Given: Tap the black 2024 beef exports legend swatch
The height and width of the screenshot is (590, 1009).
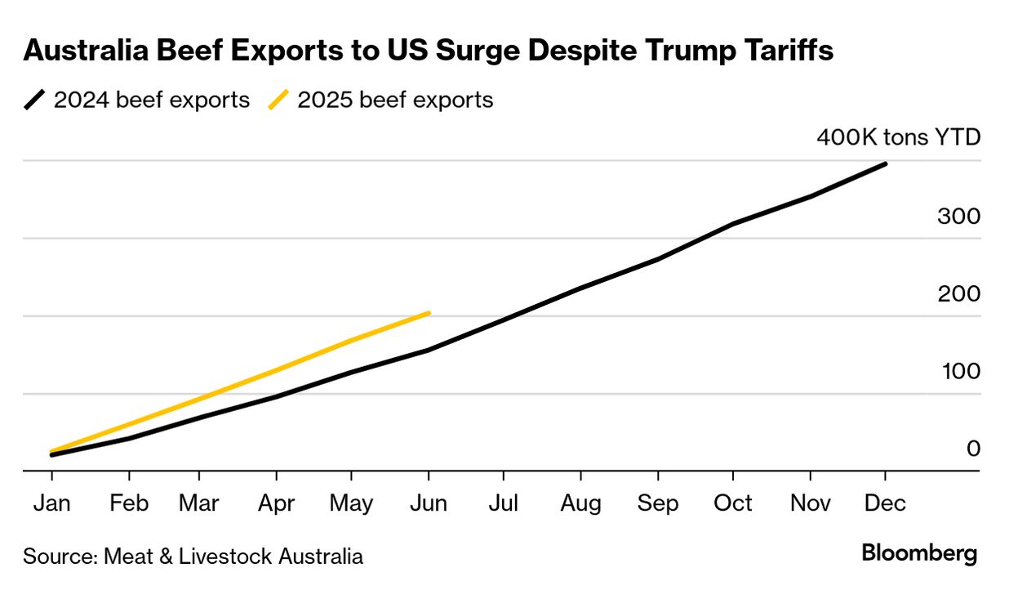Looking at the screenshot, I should tap(36, 101).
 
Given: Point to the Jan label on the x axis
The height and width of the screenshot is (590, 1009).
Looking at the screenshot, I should tap(52, 503).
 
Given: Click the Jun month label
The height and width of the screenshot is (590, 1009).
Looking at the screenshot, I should tap(429, 503).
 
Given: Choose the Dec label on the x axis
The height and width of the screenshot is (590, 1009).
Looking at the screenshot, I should tap(886, 503).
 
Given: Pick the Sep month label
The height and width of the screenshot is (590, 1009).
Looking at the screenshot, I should tap(658, 503).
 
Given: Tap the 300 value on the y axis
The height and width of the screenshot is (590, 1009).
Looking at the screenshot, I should tap(959, 217).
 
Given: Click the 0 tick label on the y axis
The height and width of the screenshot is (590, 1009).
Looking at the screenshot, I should tap(973, 448).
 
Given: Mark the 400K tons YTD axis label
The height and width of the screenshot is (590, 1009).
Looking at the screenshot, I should tap(898, 136).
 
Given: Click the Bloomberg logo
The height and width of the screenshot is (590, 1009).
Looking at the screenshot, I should tap(919, 553).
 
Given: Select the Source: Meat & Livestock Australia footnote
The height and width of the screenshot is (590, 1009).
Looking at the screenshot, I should tap(193, 556).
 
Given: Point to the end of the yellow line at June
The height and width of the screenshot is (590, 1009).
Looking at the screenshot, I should tap(429, 313).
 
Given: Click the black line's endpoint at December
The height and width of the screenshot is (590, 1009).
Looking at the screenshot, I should tap(886, 164).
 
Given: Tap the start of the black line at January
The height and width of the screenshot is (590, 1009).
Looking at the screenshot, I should tap(52, 454).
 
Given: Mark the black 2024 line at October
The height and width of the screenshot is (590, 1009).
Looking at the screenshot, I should tap(734, 223).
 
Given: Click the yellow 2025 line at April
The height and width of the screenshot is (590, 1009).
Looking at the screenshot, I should tap(277, 369).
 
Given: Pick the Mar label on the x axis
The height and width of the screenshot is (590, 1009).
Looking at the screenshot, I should tap(199, 503).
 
